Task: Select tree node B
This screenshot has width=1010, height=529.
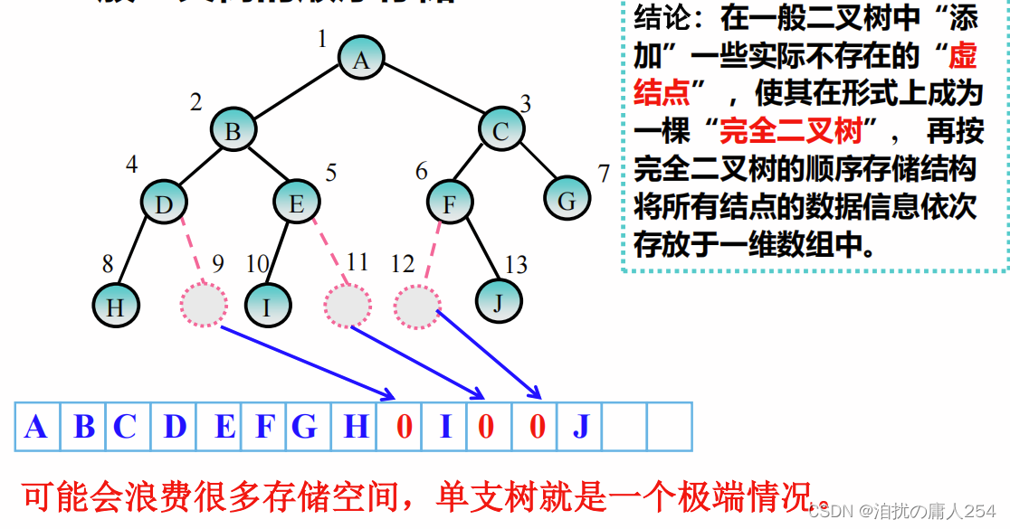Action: tap(233, 130)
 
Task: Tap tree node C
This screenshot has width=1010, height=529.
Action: tap(500, 130)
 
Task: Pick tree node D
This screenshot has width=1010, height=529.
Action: tap(164, 203)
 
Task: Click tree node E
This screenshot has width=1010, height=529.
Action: tap(296, 203)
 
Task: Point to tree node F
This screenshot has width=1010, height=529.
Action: tap(449, 203)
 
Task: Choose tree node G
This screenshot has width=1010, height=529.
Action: tap(567, 200)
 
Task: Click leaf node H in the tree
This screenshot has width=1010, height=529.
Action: tap(115, 306)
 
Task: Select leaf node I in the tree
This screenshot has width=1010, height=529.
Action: tap(266, 306)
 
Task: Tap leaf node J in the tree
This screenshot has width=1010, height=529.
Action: tap(498, 302)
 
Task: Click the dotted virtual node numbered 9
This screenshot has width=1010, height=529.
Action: tap(204, 303)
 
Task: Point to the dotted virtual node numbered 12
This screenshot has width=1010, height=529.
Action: tap(417, 306)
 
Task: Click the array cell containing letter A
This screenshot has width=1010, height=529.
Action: tap(36, 427)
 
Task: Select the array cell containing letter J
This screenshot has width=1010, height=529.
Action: tap(580, 427)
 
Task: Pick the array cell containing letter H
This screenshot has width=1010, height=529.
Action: tap(356, 427)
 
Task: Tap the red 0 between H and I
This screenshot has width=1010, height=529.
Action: tap(404, 427)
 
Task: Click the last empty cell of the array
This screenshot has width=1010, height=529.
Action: tap(670, 427)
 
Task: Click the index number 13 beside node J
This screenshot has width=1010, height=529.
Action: tap(516, 265)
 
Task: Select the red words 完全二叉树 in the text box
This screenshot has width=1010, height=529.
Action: tap(790, 132)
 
